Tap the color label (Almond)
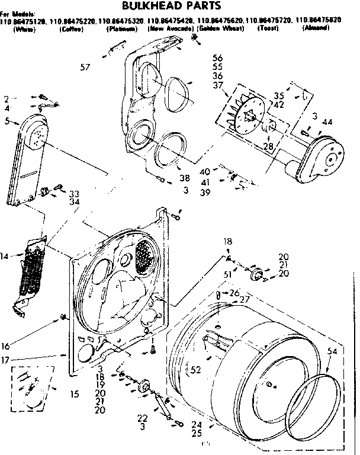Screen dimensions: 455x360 coord(316,28)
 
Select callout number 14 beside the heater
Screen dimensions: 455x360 coord(5,256)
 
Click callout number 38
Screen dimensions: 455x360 coord(185,177)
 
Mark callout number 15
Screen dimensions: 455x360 coord(74,393)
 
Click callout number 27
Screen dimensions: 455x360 coord(245,299)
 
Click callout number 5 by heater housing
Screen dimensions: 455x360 coord(7,121)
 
